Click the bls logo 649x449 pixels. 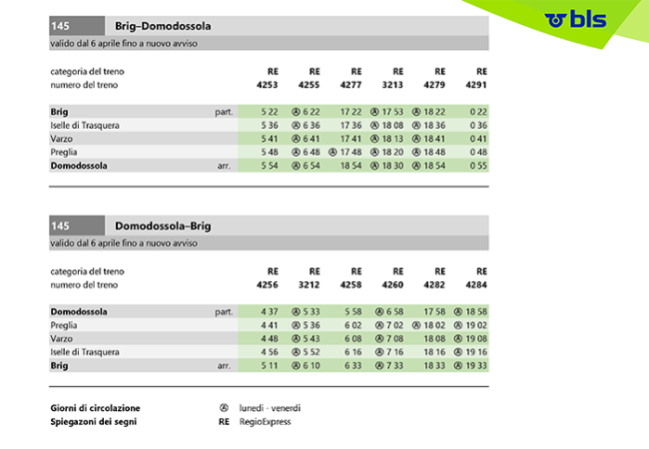point(578,18)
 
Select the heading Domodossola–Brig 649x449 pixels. point(163,226)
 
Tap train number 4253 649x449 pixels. point(267,87)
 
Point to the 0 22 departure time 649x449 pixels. point(477,111)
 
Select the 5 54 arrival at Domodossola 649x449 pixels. point(268,166)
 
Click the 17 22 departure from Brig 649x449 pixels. point(350,111)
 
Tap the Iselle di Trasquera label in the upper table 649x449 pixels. point(85,125)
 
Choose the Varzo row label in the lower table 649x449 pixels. point(64,339)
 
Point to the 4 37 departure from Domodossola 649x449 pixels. point(268,311)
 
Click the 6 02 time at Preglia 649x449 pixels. point(350,325)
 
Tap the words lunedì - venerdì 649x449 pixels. point(270,408)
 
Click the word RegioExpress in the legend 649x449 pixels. point(264,422)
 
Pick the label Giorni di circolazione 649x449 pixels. point(95,408)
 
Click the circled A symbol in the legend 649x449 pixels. point(224,408)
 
